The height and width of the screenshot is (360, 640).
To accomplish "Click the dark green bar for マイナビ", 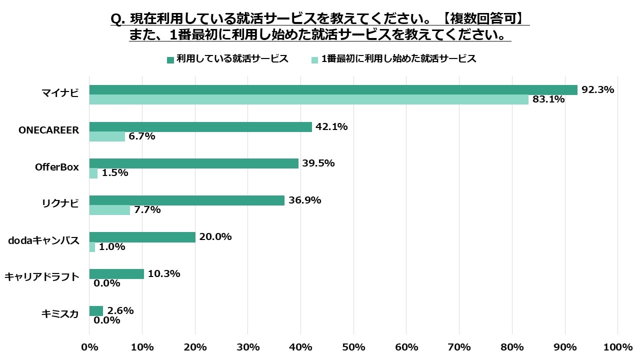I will [x=333, y=90].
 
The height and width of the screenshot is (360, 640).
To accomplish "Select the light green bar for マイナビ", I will [x=308, y=99].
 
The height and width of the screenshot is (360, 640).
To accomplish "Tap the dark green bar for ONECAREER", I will [x=200, y=127].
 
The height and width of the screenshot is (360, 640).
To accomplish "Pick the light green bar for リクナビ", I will [x=109, y=210].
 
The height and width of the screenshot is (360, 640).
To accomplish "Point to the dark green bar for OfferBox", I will [x=193, y=163].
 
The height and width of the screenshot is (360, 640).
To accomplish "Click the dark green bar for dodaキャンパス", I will [x=142, y=237].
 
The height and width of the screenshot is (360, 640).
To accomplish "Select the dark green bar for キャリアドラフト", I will [x=116, y=274].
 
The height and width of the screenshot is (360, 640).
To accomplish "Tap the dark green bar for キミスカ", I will [x=96, y=311].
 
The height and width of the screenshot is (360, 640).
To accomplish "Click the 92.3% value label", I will [x=597, y=90].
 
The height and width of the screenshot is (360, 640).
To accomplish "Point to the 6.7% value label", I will [x=142, y=136].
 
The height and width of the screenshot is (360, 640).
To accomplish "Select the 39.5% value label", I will [x=318, y=163].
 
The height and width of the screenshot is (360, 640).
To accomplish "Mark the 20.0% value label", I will [x=215, y=237].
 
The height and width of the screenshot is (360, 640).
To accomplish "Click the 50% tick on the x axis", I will [x=353, y=347].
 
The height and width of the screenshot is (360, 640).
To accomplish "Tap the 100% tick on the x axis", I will [x=617, y=347].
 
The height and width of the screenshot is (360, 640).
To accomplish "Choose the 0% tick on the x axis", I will [x=89, y=347].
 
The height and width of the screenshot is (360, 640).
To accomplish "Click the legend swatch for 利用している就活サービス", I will [x=170, y=59].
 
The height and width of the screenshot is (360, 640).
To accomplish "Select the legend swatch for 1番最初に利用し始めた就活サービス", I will [x=315, y=59].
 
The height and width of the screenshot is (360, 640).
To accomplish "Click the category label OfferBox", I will [x=57, y=167].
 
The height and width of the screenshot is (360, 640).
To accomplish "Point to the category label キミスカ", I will [x=60, y=314].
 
